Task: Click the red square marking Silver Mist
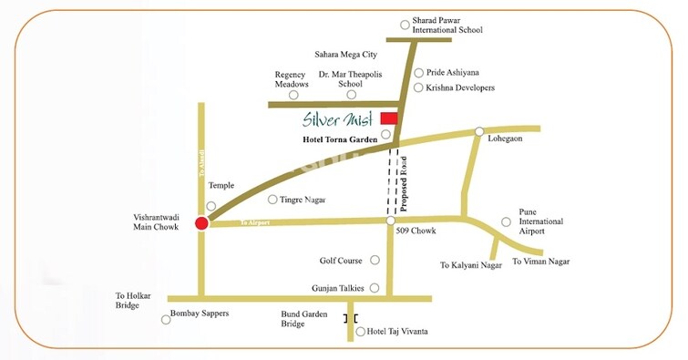pyautogui.click(x=389, y=118)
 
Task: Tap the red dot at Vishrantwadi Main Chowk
pyautogui.click(x=202, y=222)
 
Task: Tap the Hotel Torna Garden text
pyautogui.click(x=340, y=139)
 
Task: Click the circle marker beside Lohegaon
pyautogui.click(x=479, y=132)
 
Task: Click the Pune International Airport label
pyautogui.click(x=540, y=221)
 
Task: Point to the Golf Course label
pyautogui.click(x=341, y=261)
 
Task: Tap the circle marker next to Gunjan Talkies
pyautogui.click(x=374, y=288)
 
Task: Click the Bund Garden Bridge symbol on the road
pyautogui.click(x=350, y=318)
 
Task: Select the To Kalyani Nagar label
pyautogui.click(x=471, y=265)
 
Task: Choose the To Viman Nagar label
pyautogui.click(x=541, y=262)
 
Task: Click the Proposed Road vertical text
pyautogui.click(x=404, y=183)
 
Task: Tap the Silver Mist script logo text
pyautogui.click(x=338, y=118)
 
